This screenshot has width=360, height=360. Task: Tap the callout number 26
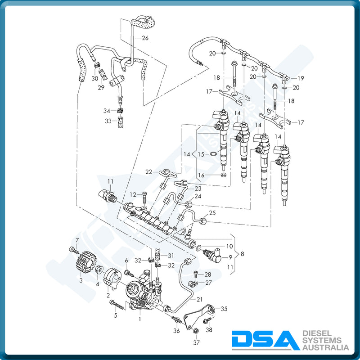coord(145,38)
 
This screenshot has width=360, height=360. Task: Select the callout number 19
coord(301,78)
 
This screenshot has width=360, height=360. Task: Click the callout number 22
coord(149,171)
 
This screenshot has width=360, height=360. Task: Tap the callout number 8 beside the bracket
coord(243,254)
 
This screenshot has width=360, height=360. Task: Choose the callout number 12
coord(133,194)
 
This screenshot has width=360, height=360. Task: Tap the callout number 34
coord(107,111)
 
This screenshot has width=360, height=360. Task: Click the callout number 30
coord(95,78)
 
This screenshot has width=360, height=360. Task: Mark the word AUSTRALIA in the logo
coord(326,347)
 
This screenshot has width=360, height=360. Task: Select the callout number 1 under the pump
coord(139,319)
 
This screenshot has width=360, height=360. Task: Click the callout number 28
coord(208,274)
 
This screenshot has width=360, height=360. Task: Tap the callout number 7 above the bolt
coord(76,239)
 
